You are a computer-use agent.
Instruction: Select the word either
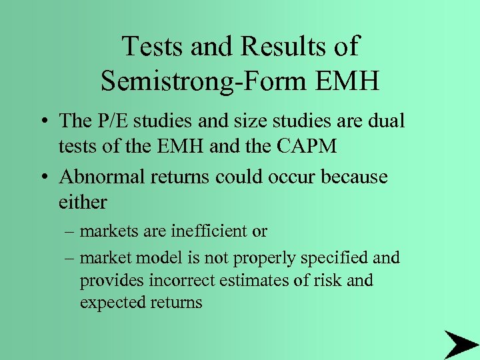83,201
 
